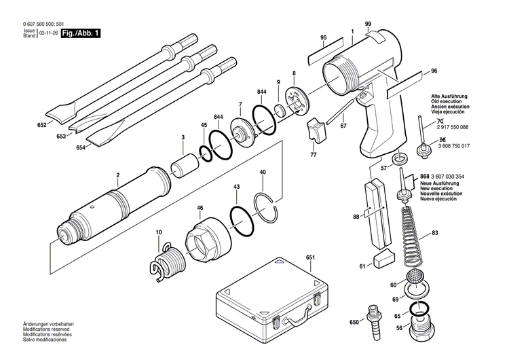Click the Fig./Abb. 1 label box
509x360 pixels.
pyautogui.click(x=81, y=33)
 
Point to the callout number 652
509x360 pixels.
pyautogui.click(x=41, y=125)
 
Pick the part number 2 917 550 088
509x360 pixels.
pyautogui.click(x=450, y=127)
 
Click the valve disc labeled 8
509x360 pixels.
pyautogui.click(x=296, y=101)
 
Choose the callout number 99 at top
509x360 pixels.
pyautogui.click(x=367, y=25)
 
